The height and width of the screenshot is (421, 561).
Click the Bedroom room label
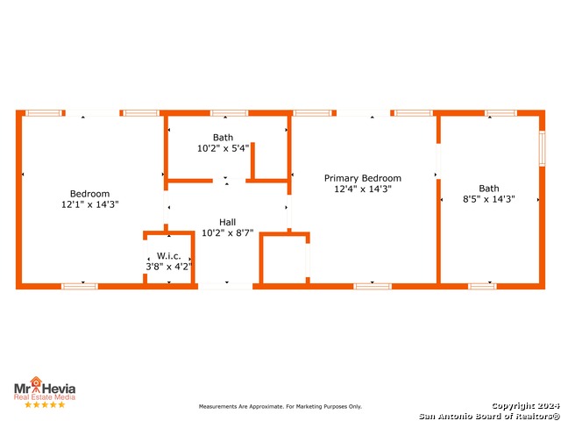89,194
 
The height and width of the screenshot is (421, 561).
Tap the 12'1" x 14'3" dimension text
89,204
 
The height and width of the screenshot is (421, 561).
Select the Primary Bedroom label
362,178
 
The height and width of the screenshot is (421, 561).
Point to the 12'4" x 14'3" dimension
362,189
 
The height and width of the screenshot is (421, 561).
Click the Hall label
227,223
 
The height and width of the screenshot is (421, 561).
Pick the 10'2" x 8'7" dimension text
227,233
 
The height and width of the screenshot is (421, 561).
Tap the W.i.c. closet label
168,256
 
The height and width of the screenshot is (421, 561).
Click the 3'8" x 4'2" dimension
168,266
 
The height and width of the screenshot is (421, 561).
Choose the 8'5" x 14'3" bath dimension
489,199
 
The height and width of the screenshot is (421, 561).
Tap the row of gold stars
44,405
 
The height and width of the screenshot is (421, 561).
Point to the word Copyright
517,405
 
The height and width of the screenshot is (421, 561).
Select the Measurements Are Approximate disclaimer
280,407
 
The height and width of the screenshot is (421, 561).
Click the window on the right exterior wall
542,148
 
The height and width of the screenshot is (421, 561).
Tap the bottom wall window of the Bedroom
80,286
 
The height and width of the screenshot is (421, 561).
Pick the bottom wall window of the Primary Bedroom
373,286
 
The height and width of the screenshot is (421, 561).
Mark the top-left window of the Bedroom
44,113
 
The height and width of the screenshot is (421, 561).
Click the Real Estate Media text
44,397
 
